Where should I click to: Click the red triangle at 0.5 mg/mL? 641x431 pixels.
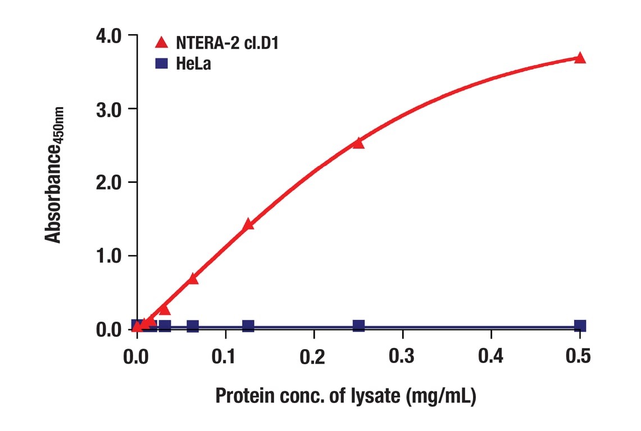pyautogui.click(x=580, y=58)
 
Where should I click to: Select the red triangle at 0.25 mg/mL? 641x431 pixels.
pyautogui.click(x=358, y=143)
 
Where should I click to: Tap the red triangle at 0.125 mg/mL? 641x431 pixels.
pyautogui.click(x=248, y=224)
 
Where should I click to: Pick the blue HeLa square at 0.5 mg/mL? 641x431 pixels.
pyautogui.click(x=580, y=325)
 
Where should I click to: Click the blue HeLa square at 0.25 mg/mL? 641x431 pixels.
pyautogui.click(x=358, y=325)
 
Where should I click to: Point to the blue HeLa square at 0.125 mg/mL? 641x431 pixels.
pyautogui.click(x=248, y=326)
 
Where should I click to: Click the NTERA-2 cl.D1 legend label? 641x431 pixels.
pyautogui.click(x=227, y=43)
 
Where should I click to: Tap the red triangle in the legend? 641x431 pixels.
pyautogui.click(x=162, y=42)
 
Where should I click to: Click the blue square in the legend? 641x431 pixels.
pyautogui.click(x=162, y=63)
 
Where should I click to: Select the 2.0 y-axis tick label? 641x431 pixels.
pyautogui.click(x=108, y=182)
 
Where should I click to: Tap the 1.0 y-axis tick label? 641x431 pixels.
pyautogui.click(x=108, y=256)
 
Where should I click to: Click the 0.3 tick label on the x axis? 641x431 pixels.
pyautogui.click(x=402, y=356)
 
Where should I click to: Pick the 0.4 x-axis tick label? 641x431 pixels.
pyautogui.click(x=491, y=356)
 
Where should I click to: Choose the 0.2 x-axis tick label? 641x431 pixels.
pyautogui.click(x=313, y=356)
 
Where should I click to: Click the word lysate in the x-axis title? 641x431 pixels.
pyautogui.click(x=376, y=397)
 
